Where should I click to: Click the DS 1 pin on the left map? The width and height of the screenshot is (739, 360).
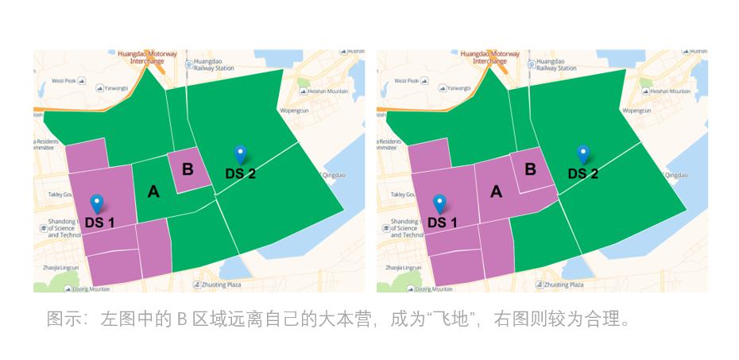(x=97, y=203)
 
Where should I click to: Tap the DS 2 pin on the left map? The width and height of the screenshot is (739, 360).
(x=240, y=154)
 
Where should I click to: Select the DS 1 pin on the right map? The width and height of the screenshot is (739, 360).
(x=439, y=203)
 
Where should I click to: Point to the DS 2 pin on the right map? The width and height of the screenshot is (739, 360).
(x=582, y=154)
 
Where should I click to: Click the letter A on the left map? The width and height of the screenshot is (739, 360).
(x=153, y=191)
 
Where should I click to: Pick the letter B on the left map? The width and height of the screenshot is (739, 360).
(x=188, y=168)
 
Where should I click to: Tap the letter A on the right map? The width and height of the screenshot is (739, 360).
(x=497, y=191)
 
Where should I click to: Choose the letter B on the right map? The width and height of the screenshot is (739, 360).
(x=530, y=168)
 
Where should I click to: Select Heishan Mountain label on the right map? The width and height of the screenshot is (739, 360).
(x=670, y=91)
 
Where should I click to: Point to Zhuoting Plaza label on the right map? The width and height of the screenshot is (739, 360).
(x=563, y=284)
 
